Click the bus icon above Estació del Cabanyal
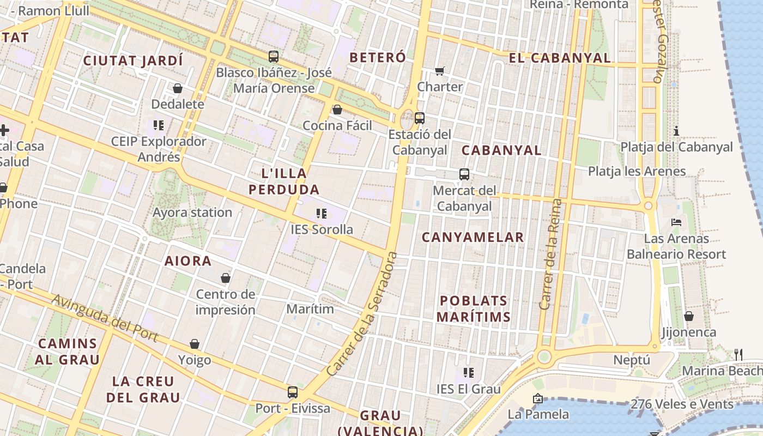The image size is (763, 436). click(419, 118)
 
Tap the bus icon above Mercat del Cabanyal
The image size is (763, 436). click(464, 174)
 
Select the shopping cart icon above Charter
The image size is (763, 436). click(440, 70)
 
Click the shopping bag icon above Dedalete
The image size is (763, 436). click(177, 88)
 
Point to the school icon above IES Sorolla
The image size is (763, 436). click(321, 214)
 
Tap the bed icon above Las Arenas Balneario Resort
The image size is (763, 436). click(676, 222)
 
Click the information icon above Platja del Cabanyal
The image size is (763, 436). click(676, 131)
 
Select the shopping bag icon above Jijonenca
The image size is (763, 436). click(689, 316)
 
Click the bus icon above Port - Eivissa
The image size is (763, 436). click(293, 392)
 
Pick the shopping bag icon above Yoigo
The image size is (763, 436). click(195, 344)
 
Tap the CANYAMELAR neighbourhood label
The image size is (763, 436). click(473, 237)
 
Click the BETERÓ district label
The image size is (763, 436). click(378, 57)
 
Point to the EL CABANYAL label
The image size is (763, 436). click(560, 58)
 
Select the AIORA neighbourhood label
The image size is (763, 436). click(188, 261)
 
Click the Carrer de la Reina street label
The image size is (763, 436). click(550, 255)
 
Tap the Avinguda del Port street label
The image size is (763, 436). click(105, 318)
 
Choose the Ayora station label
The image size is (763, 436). click(192, 213)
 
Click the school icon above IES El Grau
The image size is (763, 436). click(468, 373)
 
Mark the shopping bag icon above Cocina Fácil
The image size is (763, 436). click(337, 110)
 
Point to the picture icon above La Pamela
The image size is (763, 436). click(538, 398)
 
